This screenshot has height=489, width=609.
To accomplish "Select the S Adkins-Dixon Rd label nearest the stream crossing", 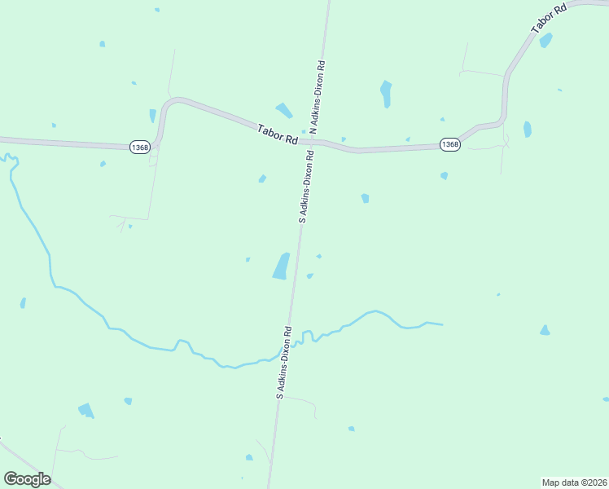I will [283, 362].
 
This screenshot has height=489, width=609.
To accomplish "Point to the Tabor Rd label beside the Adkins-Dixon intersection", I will [278, 134].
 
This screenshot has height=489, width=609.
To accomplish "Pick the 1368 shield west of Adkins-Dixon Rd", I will [139, 147].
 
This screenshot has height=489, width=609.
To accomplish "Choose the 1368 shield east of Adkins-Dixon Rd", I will [449, 144].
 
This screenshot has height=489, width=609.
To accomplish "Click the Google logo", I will [27, 479].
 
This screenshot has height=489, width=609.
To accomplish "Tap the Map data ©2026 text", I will [575, 482].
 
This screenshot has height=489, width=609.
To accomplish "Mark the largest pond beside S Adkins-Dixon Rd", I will [281, 266].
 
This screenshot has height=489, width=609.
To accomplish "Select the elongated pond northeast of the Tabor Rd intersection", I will [386, 94].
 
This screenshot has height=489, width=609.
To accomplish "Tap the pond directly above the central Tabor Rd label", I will [283, 110].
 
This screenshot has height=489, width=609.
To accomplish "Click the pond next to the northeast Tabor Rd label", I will [545, 40].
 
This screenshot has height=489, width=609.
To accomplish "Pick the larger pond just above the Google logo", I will [85, 410].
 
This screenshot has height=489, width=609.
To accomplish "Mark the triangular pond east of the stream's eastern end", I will [544, 330].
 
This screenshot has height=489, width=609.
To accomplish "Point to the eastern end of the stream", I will [441, 324].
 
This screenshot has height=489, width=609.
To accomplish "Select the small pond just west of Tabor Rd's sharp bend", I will [152, 116].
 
